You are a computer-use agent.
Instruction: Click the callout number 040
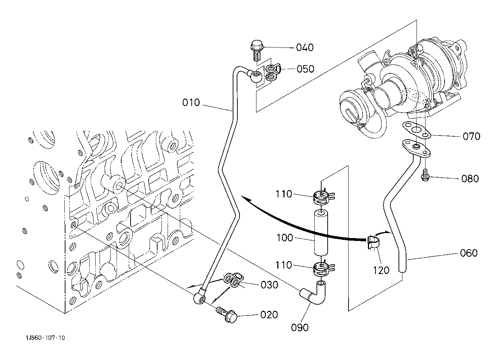305,47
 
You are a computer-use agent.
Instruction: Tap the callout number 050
305,69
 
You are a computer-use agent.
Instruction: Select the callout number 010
191,102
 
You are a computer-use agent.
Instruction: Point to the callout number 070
472,136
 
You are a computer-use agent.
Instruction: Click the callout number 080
470,178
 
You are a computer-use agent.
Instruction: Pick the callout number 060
469,253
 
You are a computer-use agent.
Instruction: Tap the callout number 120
381,270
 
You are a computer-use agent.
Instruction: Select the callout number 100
285,238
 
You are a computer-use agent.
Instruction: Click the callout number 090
300,328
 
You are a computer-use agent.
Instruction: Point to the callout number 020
269,315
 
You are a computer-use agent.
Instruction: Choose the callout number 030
269,285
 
